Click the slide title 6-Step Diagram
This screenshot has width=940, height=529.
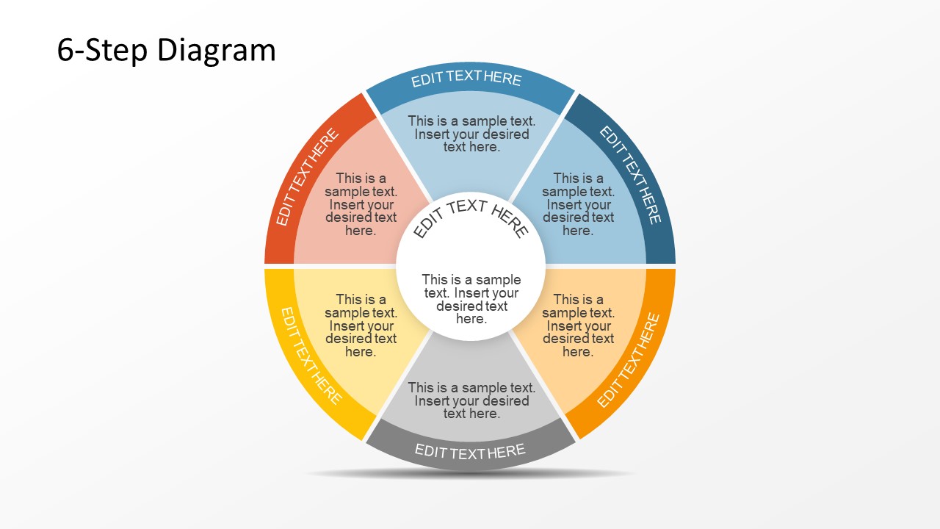(166, 51)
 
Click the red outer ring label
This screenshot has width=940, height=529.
(308, 177)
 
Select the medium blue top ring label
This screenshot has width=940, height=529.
(466, 79)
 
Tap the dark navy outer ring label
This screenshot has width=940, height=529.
(631, 175)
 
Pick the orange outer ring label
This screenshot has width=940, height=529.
(629, 360)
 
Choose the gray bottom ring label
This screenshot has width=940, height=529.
(470, 451)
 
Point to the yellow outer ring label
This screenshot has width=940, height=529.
(311, 356)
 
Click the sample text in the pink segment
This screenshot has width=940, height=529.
(361, 204)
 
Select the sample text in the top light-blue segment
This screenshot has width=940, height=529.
(471, 134)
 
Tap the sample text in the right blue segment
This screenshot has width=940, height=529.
(578, 204)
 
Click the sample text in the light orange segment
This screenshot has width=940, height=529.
(578, 325)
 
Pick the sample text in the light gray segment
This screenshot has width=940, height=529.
(471, 400)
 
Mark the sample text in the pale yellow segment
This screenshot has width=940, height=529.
(361, 325)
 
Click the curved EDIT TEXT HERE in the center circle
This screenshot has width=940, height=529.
(470, 215)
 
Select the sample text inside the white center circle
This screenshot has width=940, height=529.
(471, 299)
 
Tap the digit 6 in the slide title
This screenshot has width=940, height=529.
(65, 51)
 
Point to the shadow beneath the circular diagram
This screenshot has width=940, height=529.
(470, 474)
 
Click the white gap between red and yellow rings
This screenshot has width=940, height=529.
(279, 266)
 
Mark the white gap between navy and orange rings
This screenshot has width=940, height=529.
(661, 266)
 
